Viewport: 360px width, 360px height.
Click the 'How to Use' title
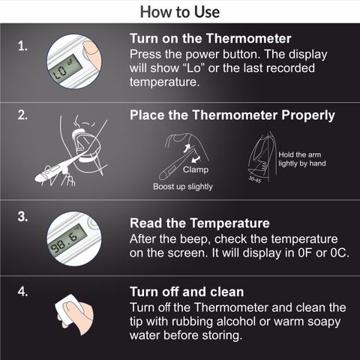180,12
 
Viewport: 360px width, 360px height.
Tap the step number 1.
22,46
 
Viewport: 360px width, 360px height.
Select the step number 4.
22,292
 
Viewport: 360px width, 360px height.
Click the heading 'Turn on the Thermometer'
211,38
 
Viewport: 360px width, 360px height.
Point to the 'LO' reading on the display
60,72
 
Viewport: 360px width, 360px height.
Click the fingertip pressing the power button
91,49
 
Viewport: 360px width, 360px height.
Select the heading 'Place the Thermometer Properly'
232,115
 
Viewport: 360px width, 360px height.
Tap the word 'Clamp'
196,169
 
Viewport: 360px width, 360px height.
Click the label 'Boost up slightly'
183,187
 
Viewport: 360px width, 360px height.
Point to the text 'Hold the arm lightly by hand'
302,159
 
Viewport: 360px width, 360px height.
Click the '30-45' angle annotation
255,179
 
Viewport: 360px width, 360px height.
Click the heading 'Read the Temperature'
199,223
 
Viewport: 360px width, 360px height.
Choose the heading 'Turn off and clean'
187,292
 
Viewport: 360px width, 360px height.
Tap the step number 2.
22,115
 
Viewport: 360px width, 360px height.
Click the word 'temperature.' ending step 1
164,82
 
